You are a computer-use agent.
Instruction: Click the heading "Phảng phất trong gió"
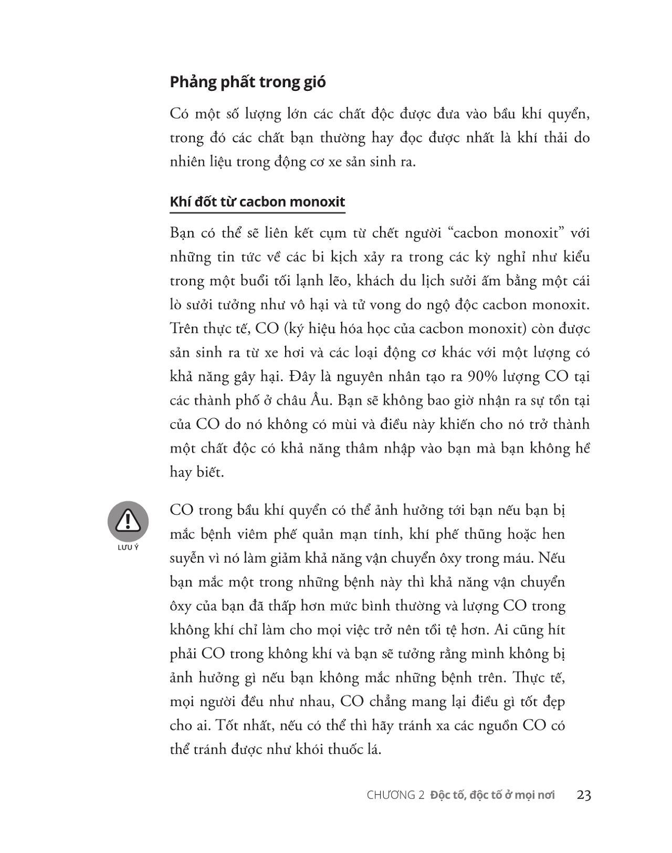pos(248,82)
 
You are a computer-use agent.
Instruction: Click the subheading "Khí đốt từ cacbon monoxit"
pos(257,202)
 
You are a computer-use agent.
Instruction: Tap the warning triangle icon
pos(128,521)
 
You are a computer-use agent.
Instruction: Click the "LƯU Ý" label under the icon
pos(128,547)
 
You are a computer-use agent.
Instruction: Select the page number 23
pos(584,795)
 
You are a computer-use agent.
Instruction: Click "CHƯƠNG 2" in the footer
pos(395,795)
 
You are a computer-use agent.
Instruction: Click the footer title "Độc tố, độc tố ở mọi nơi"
pos(492,795)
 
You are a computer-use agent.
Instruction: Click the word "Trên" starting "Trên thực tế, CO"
pos(182,329)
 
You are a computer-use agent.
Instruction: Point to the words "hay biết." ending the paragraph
pos(197,472)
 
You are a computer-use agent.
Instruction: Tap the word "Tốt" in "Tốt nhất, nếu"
pos(226,725)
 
